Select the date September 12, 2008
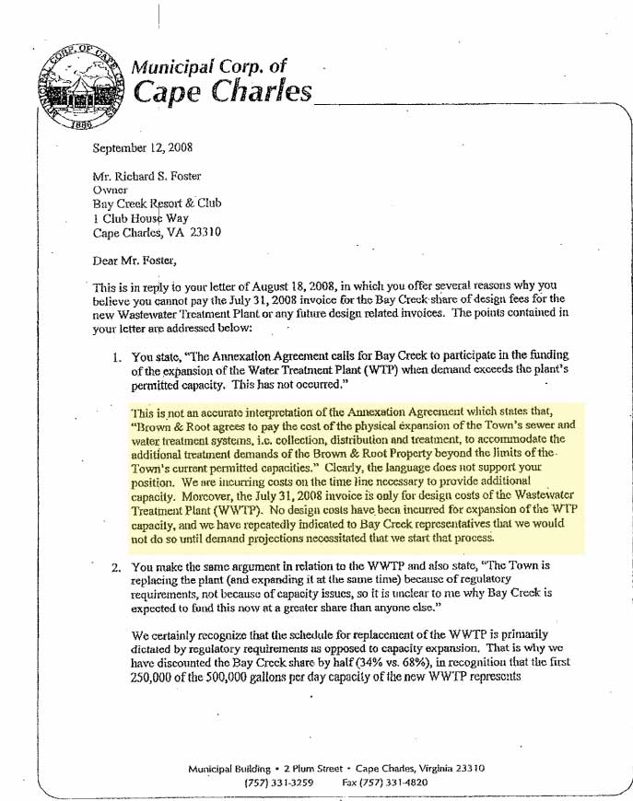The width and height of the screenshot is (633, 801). click(x=143, y=147)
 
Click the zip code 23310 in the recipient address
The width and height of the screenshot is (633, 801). click(x=203, y=232)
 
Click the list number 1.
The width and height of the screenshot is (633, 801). click(x=117, y=356)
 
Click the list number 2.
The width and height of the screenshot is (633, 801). click(x=116, y=567)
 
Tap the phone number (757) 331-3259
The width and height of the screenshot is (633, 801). click(x=280, y=783)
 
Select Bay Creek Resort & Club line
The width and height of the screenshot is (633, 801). click(x=157, y=203)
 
